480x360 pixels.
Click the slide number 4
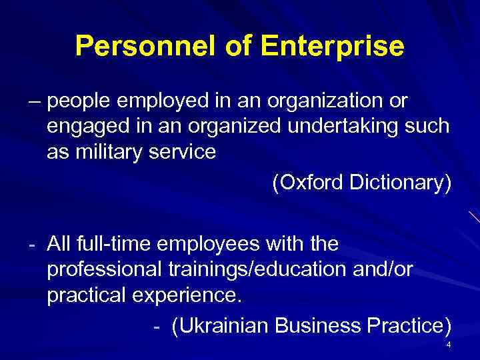pos(449,345)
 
